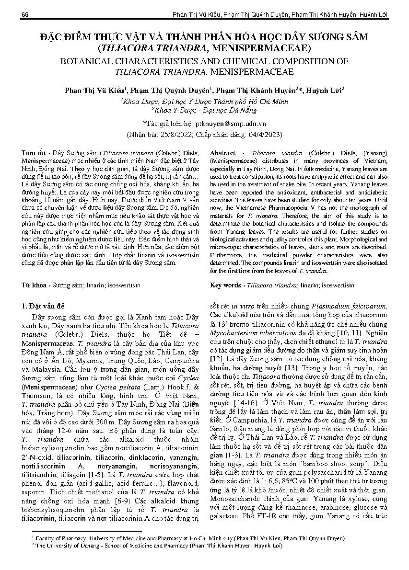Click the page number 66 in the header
click(x=25, y=15)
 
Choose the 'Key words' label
click(x=225, y=285)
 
